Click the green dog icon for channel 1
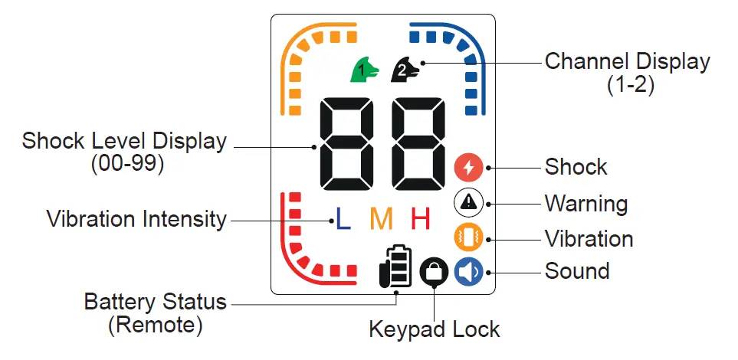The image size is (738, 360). click(364, 70)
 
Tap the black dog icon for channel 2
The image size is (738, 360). click(405, 70)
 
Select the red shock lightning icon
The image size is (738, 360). click(468, 168)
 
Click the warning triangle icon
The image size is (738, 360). click(468, 203)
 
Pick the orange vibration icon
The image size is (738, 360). click(468, 238)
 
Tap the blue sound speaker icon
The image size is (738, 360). click(468, 273)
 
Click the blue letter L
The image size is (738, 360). click(343, 219)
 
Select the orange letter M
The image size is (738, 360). click(381, 219)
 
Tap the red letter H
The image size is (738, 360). click(421, 219)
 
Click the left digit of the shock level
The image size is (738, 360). click(346, 144)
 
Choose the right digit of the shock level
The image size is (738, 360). click(418, 144)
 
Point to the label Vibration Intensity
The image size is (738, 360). click(136, 219)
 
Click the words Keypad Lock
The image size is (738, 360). click(434, 330)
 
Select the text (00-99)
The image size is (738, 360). click(127, 164)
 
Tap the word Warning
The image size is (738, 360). click(586, 204)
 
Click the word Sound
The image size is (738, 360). click(576, 271)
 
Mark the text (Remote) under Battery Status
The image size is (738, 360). click(156, 326)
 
